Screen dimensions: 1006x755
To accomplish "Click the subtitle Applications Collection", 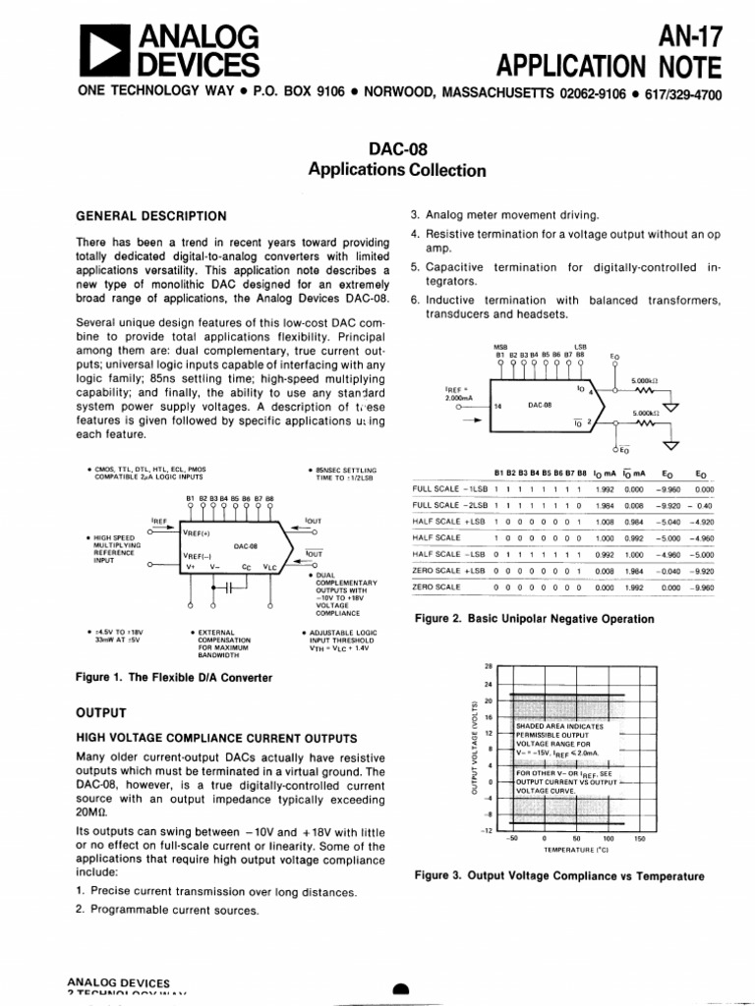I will coord(397,170).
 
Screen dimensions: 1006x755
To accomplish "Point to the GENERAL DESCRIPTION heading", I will coord(151,216).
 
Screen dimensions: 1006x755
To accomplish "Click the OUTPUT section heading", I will coord(101,711).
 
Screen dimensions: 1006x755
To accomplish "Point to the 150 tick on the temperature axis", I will coord(640,838).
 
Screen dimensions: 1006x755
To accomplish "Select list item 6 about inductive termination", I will coord(565,307).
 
